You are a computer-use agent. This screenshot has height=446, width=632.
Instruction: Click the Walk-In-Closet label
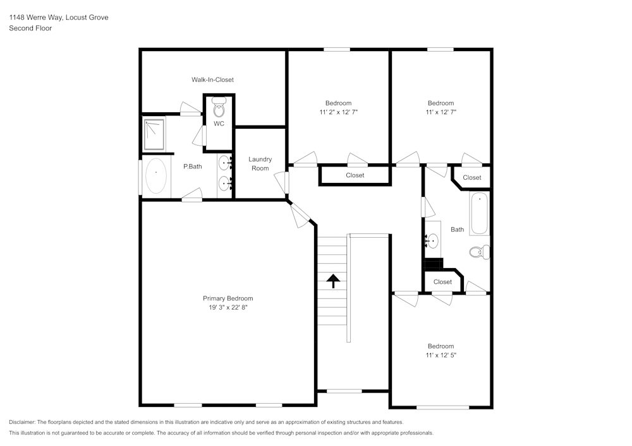[212, 80]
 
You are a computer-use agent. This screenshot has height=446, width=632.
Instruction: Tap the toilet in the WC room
[219, 108]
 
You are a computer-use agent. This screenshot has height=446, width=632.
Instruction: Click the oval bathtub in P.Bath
[156, 176]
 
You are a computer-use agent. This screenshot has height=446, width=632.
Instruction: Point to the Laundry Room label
[260, 164]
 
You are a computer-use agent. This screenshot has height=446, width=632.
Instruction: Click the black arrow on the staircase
[332, 281]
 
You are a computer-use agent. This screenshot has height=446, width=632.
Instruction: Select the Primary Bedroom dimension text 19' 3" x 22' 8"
[228, 307]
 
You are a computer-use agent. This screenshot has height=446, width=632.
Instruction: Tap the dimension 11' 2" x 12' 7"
[338, 112]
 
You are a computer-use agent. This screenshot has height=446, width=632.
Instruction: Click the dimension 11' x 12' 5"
[441, 355]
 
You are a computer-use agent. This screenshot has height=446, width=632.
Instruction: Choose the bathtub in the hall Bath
[479, 214]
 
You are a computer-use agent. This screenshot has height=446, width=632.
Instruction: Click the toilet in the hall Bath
[479, 252]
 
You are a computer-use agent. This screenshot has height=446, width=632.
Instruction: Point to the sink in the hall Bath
[432, 240]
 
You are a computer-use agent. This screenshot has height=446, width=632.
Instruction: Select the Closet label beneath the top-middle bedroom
[355, 175]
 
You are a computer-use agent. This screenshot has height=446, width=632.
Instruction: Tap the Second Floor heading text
[30, 28]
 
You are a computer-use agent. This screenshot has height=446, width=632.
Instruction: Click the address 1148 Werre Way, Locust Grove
[58, 18]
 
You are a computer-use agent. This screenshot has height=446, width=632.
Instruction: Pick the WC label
[219, 124]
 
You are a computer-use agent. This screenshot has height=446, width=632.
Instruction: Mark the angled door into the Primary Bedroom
[301, 214]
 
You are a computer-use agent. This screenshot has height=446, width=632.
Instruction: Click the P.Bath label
[192, 167]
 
